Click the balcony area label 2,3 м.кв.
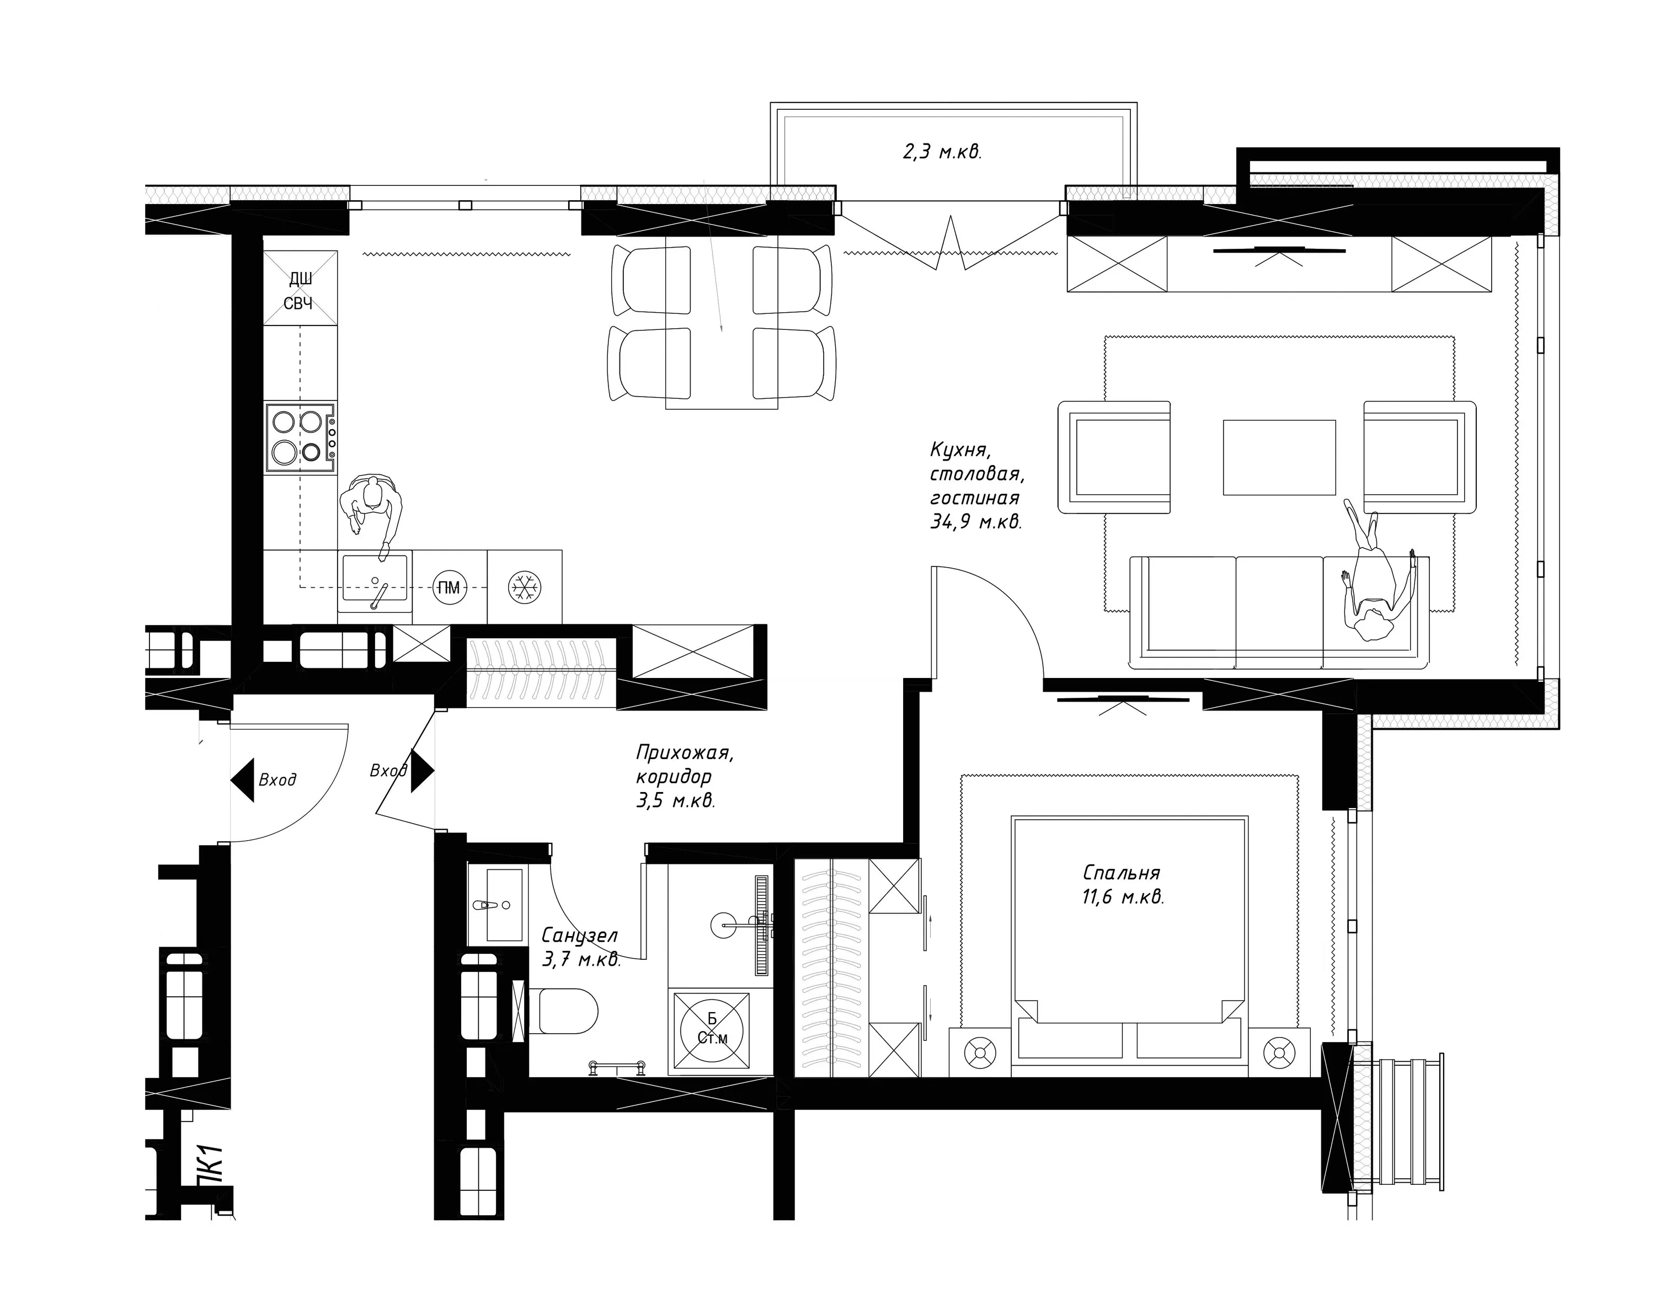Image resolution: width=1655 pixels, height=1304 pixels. click(x=942, y=152)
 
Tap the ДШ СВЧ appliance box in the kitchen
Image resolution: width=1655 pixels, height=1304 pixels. click(x=300, y=288)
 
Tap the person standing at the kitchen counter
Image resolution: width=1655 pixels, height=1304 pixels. click(x=372, y=507)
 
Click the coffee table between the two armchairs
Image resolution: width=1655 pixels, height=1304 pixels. click(x=1279, y=457)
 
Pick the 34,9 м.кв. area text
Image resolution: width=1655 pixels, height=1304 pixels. click(x=975, y=522)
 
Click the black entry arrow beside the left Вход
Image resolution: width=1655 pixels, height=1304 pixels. click(x=242, y=779)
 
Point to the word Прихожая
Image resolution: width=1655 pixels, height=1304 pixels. click(x=685, y=753)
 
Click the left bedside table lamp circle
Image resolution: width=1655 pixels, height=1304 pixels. click(x=980, y=1054)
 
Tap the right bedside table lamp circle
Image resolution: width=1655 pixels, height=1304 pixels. click(x=1279, y=1054)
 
